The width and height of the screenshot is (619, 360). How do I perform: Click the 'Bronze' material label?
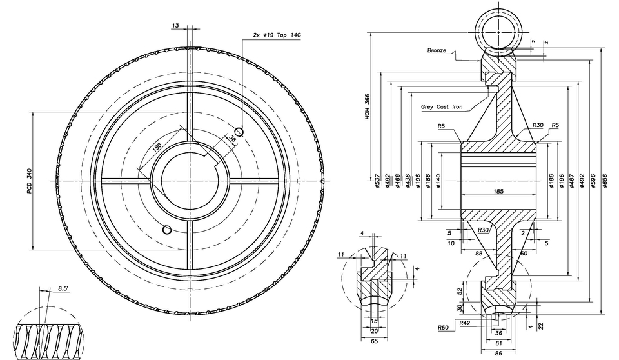point(437,50)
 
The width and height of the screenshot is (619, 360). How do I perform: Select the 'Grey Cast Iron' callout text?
point(442,107)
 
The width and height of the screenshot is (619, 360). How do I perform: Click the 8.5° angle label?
point(63,287)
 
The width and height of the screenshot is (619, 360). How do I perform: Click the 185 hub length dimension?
point(498,192)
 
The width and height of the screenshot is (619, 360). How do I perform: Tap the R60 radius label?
point(443,328)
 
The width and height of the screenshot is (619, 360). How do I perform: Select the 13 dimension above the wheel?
point(175,25)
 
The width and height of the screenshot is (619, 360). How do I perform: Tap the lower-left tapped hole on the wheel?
point(167,230)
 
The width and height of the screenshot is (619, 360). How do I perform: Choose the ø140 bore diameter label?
point(438,181)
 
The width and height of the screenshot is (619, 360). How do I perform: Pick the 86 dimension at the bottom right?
point(498,354)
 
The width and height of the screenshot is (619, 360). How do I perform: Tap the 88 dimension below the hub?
point(479,254)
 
